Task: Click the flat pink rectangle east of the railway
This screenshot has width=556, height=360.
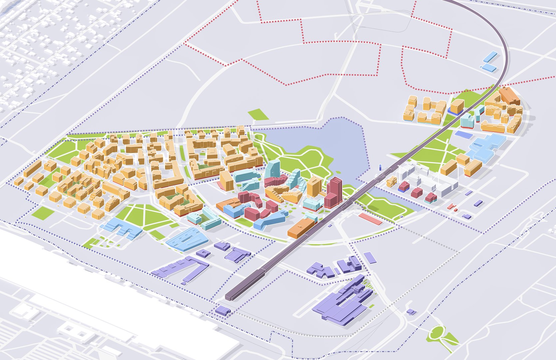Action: [370, 219]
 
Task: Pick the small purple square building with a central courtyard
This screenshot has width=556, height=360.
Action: [203, 253]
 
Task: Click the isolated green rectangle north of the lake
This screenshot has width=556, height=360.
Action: [259, 114]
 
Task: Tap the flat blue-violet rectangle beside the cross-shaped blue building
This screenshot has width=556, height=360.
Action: [464, 134]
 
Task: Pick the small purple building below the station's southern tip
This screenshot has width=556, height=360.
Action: [223, 311]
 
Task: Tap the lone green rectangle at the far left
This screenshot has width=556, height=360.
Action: [43, 212]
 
